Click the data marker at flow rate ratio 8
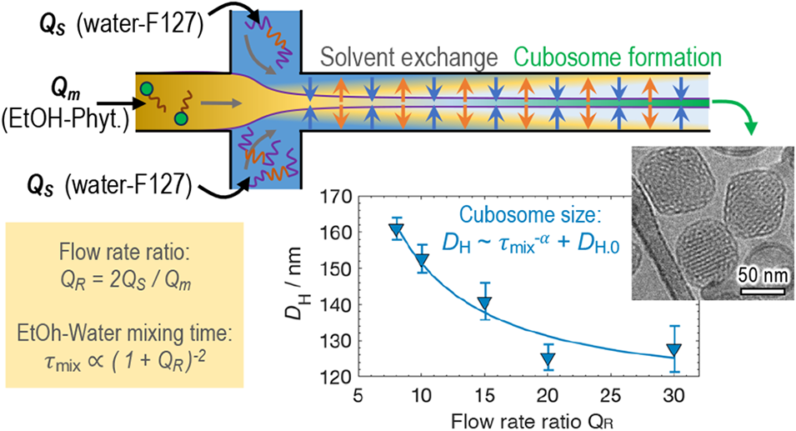(398, 231)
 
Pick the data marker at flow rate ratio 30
(674, 350)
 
